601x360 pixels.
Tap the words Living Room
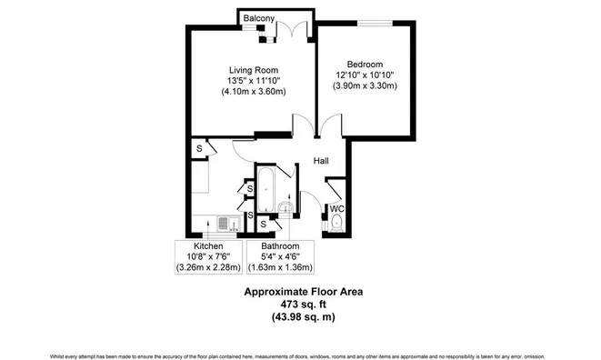pyautogui.click(x=253, y=70)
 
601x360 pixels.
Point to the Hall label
pyautogui.click(x=321, y=161)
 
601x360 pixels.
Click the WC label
pyautogui.click(x=336, y=207)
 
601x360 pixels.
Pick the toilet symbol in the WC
pyautogui.click(x=336, y=223)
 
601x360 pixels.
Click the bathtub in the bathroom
pyautogui.click(x=267, y=188)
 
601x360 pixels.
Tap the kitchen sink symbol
pyautogui.click(x=228, y=222)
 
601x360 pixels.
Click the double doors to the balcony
pyautogui.click(x=292, y=31)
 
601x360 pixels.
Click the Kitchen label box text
pyautogui.click(x=208, y=246)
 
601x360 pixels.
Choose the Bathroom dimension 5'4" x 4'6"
pyautogui.click(x=280, y=257)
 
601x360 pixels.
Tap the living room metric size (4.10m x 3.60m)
pyautogui.click(x=253, y=92)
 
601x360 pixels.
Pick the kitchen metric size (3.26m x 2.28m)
pyautogui.click(x=208, y=268)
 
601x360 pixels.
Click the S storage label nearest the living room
pyautogui.click(x=198, y=148)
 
